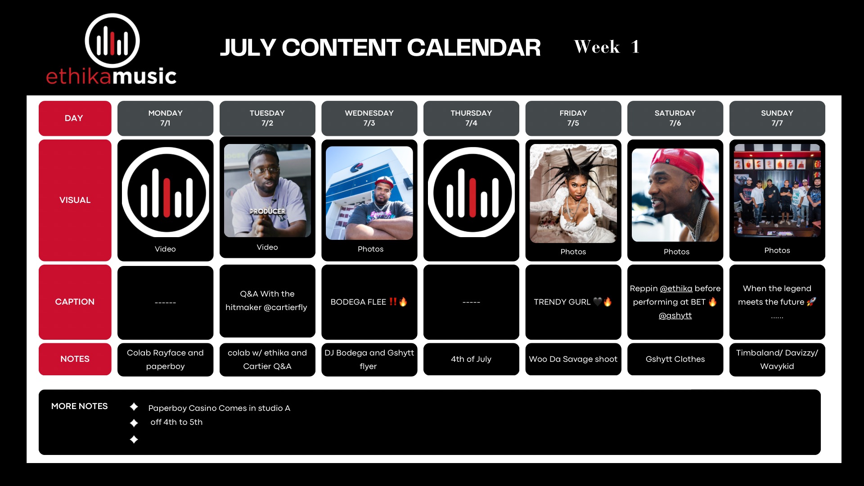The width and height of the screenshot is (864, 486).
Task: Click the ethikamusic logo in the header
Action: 111,49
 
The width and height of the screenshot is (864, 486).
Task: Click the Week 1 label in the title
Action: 606,47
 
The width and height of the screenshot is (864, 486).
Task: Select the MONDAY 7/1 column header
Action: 165,118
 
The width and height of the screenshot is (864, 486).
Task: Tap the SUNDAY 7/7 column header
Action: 777,118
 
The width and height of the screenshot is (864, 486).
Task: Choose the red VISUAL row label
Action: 75,200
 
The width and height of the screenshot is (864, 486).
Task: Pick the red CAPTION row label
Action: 75,302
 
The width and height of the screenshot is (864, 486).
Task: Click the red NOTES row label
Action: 75,359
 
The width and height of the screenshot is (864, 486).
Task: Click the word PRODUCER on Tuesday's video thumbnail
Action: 268,211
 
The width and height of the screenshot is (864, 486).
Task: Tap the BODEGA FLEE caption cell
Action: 369,302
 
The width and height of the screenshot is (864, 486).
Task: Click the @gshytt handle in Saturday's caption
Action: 675,315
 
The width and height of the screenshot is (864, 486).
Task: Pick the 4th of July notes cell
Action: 471,359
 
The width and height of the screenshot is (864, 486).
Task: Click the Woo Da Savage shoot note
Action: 573,359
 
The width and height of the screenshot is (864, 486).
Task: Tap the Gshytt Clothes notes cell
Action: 675,359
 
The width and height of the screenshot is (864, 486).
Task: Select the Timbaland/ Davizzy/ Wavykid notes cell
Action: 777,359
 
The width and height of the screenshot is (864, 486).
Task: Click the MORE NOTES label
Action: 79,406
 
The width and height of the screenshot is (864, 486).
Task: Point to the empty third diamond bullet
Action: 134,440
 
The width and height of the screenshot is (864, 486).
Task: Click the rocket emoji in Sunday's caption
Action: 811,302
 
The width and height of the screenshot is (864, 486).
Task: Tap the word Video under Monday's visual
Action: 165,249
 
